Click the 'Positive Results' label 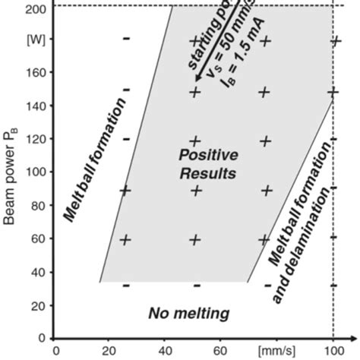click(x=207, y=164)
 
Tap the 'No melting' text click(x=189, y=313)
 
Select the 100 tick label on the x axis click(x=332, y=352)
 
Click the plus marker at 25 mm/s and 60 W click(x=126, y=238)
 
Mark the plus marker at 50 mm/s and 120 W click(x=195, y=141)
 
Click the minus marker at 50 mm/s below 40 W click(x=196, y=286)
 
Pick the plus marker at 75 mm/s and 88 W click(x=266, y=190)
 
